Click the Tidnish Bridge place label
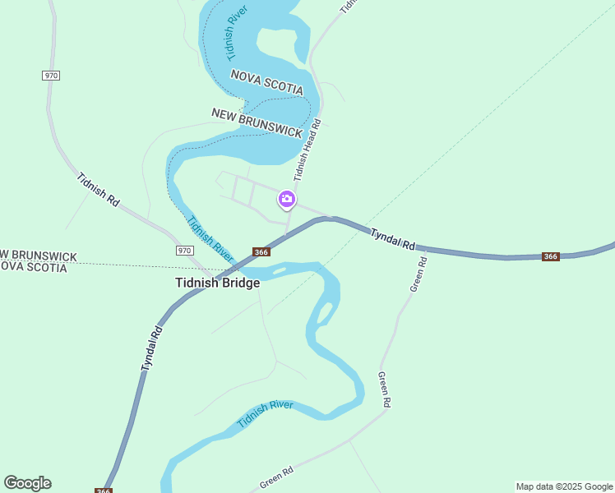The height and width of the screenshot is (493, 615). [x=217, y=283]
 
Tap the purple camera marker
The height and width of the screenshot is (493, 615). [x=287, y=199]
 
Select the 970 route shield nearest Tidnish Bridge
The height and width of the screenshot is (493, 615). [x=184, y=250]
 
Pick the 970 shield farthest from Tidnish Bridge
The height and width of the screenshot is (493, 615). [x=51, y=75]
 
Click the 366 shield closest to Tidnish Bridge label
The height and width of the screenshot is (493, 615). [x=261, y=252]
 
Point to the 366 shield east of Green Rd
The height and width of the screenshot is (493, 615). [x=551, y=256]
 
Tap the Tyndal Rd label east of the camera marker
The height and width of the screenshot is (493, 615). [x=393, y=239]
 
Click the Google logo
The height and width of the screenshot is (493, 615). [x=27, y=483]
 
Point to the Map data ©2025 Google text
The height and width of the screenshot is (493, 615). [x=564, y=486]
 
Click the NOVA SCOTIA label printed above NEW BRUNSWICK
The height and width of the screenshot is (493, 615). [x=267, y=83]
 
